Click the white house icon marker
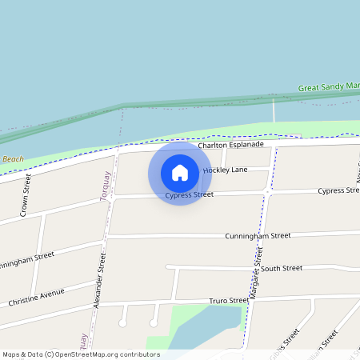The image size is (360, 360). pyautogui.click(x=180, y=173)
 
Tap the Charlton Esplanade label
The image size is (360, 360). pyautogui.click(x=231, y=145)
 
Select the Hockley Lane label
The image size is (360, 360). pyautogui.click(x=226, y=170)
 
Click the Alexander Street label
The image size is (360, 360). pyautogui.click(x=99, y=281)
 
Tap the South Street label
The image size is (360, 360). pyautogui.click(x=282, y=269)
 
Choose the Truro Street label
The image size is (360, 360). pyautogui.click(x=230, y=301)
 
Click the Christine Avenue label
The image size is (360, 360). pyautogui.click(x=36, y=298)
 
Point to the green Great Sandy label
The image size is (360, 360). pyautogui.click(x=328, y=86)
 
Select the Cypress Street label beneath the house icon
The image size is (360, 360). pyautogui.click(x=190, y=194)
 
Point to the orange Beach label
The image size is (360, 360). pyautogui.click(x=11, y=159)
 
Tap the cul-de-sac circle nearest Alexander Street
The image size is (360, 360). pyautogui.click(x=123, y=322)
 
